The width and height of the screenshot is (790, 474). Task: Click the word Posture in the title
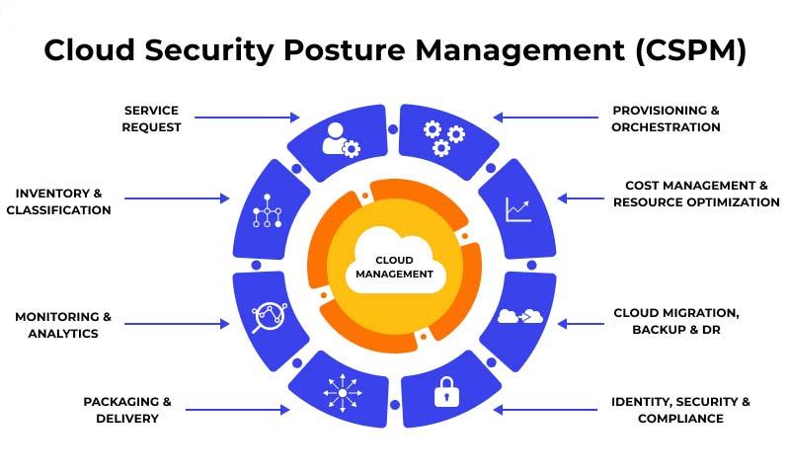click(x=344, y=50)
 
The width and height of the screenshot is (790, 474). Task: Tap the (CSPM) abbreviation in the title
click(x=690, y=50)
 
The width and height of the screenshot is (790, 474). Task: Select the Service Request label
click(x=151, y=118)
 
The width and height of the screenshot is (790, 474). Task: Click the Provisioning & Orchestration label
click(x=666, y=118)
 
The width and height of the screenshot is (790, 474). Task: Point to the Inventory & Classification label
click(x=58, y=201)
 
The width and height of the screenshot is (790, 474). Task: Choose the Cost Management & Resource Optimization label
click(x=696, y=194)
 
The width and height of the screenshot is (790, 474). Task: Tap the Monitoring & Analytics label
click(x=63, y=325)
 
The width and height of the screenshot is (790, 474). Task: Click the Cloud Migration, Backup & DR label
click(x=676, y=321)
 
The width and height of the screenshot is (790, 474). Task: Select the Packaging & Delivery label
click(x=127, y=410)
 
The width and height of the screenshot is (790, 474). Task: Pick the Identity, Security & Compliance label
click(x=680, y=410)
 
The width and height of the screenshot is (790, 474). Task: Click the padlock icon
click(x=446, y=391)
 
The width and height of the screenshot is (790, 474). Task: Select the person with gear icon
click(x=341, y=139)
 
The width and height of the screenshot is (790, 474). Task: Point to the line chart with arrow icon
click(x=517, y=209)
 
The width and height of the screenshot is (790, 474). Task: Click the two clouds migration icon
click(x=520, y=316)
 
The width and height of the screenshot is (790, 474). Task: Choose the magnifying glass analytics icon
click(x=269, y=317)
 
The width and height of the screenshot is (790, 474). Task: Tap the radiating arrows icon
click(x=343, y=393)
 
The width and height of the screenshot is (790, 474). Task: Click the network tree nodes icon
click(x=267, y=211)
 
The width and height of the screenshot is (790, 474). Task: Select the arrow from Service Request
click(x=247, y=118)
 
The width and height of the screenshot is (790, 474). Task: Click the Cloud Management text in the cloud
click(x=394, y=267)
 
